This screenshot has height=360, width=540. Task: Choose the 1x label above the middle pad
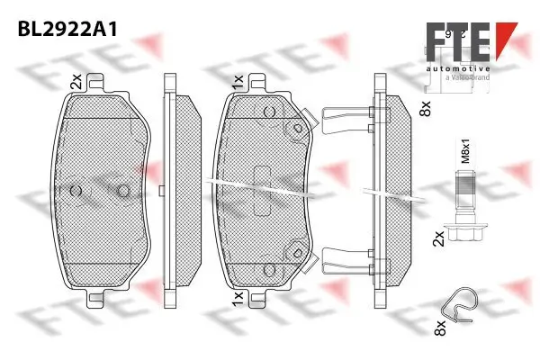click(x=237, y=82)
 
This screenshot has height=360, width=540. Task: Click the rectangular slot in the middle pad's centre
click(x=264, y=190)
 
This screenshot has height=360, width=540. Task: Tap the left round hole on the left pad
click(x=75, y=190)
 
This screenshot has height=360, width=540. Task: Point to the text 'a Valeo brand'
click(x=465, y=78)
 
